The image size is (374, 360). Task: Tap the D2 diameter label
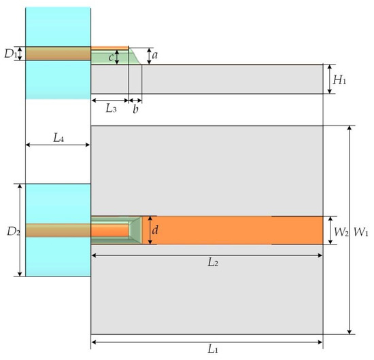point(11,230)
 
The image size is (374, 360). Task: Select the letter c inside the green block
point(111,57)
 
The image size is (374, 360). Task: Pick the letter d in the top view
point(155,230)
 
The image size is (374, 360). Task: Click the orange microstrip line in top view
point(231,230)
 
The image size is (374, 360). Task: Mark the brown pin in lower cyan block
point(58,230)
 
